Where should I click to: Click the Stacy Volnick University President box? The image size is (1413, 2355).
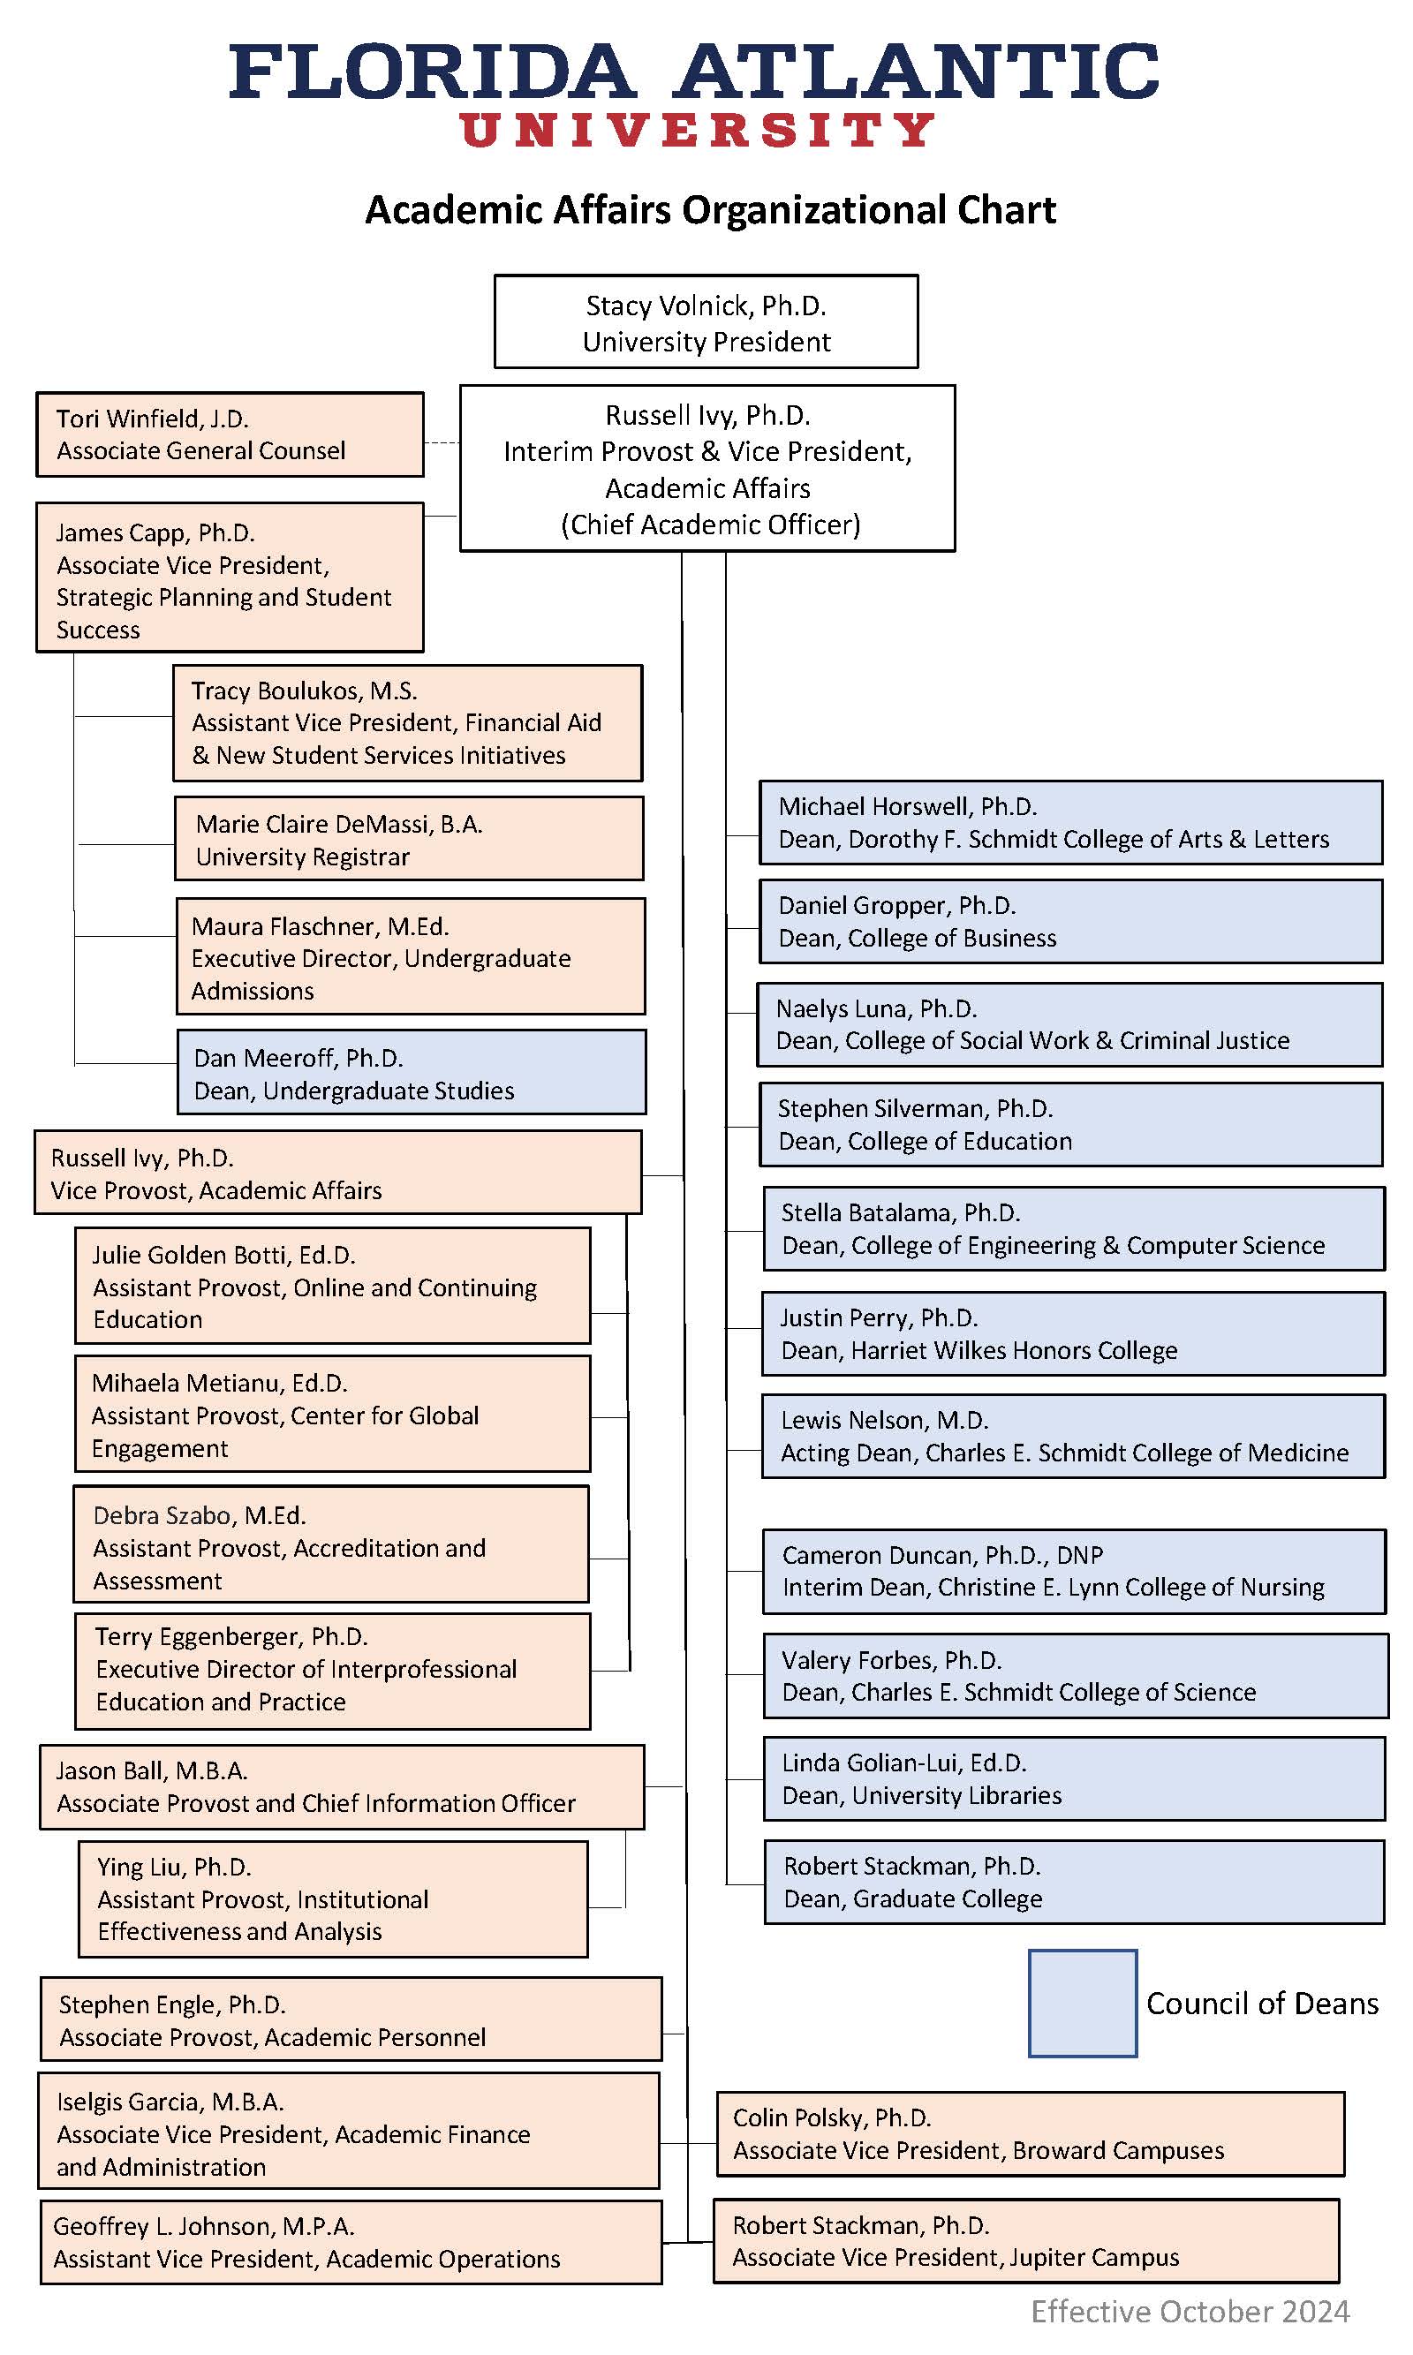[706, 321]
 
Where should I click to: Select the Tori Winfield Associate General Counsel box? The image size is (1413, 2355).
[230, 434]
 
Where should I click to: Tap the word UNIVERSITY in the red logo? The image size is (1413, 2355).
[697, 130]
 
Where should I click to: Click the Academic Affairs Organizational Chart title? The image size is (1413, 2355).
[710, 210]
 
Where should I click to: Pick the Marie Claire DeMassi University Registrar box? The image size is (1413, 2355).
[409, 839]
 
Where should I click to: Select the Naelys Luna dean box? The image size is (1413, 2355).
[1069, 1024]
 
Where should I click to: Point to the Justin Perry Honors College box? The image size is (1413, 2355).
[1073, 1332]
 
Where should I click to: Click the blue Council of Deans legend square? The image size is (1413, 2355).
[1082, 2003]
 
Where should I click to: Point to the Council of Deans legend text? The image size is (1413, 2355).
[1262, 2003]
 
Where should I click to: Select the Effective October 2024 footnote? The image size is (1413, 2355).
[1190, 2311]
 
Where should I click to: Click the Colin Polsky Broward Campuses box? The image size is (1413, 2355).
[1031, 2133]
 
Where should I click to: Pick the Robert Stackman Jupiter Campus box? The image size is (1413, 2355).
[1026, 2240]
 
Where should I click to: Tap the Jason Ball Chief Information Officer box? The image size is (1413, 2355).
[342, 1786]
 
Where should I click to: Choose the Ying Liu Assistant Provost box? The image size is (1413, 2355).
[333, 1899]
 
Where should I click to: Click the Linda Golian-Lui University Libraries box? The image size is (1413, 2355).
[1074, 1778]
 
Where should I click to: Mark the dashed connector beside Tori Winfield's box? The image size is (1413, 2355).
[441, 443]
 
